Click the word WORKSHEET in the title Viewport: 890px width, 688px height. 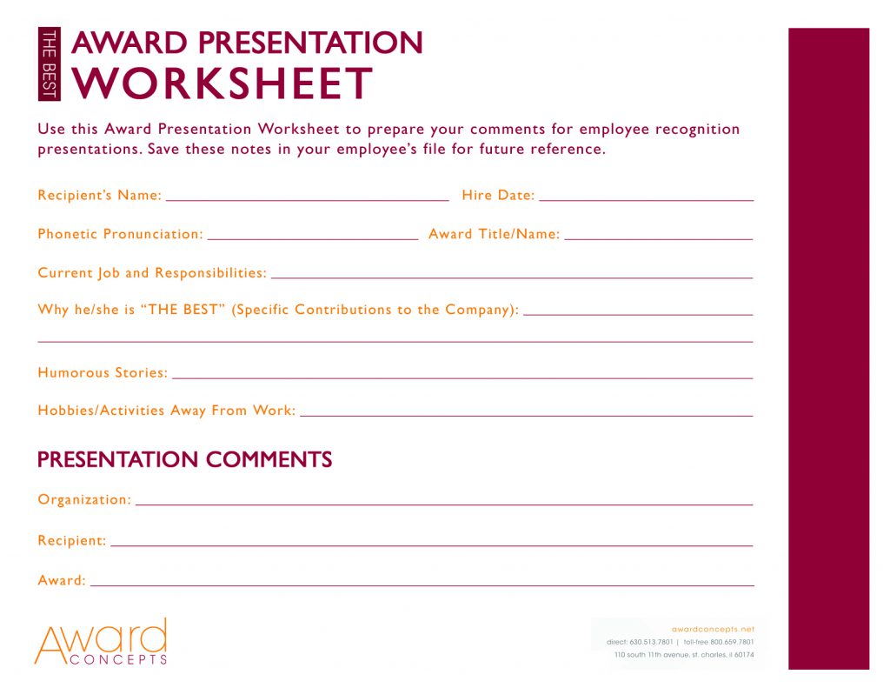[x=223, y=83]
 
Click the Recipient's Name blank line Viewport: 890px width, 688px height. [x=307, y=199]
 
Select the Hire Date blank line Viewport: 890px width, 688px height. [x=646, y=199]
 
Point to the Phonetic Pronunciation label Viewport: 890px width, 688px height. [x=120, y=234]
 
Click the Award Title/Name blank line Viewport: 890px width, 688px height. [x=658, y=237]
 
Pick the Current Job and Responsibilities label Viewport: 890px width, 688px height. [x=152, y=273]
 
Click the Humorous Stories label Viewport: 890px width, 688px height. [x=103, y=373]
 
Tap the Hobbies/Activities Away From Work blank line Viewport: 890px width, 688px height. [x=526, y=415]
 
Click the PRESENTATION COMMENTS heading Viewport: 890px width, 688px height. [x=185, y=459]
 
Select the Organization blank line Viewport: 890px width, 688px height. [x=443, y=504]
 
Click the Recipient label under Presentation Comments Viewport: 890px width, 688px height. [x=72, y=541]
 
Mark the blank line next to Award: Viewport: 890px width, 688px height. [x=422, y=585]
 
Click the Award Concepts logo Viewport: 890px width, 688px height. [x=100, y=643]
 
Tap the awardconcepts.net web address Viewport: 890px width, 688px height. [x=713, y=628]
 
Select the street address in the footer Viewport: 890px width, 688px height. [x=683, y=655]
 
